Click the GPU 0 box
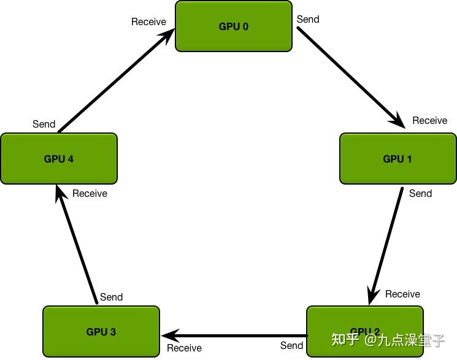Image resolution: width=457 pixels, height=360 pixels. point(233,26)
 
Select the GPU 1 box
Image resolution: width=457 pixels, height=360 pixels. point(397,159)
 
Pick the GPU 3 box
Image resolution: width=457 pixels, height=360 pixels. point(101,332)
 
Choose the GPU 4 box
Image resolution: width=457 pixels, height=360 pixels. point(58,159)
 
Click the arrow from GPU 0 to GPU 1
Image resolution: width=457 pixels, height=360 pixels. point(350,77)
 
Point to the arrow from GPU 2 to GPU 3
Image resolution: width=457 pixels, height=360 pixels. point(233,336)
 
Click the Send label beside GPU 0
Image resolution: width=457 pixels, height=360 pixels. point(308,19)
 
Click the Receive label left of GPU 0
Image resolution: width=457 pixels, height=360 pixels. point(148,21)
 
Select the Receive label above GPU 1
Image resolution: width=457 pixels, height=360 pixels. point(429,120)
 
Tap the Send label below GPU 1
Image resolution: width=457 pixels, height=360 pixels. point(420,193)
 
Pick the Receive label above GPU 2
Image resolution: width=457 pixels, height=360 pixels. point(402,294)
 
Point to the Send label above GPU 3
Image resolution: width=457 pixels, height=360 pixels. point(111,297)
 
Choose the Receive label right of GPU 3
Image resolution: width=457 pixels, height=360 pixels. point(184,348)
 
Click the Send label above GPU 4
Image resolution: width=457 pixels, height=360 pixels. point(44,124)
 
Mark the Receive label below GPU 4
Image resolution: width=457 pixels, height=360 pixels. point(90,193)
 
